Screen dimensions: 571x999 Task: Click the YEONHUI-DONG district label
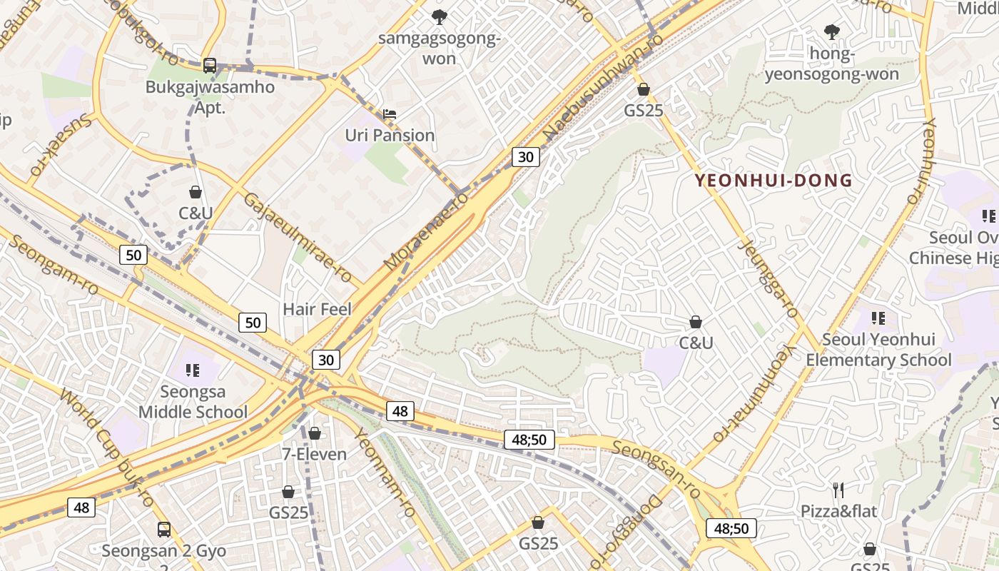(x=774, y=181)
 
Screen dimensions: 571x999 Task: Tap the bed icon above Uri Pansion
(x=390, y=114)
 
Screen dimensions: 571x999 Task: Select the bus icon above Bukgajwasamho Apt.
(x=210, y=66)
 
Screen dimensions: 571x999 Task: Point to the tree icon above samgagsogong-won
(x=440, y=16)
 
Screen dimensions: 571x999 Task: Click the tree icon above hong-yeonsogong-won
(x=831, y=31)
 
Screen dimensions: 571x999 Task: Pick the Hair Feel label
(x=318, y=309)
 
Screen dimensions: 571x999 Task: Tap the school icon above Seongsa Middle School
(x=193, y=370)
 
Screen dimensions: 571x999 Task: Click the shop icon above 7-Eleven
(x=315, y=433)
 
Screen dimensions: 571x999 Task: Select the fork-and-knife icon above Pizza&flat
(x=839, y=490)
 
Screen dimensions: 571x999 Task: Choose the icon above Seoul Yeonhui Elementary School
(x=878, y=318)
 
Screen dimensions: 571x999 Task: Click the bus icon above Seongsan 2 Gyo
(x=164, y=530)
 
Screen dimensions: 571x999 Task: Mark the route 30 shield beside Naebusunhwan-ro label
(x=525, y=157)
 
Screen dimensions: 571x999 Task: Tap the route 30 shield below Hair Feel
(x=325, y=359)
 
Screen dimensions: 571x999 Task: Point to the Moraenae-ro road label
(x=426, y=231)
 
